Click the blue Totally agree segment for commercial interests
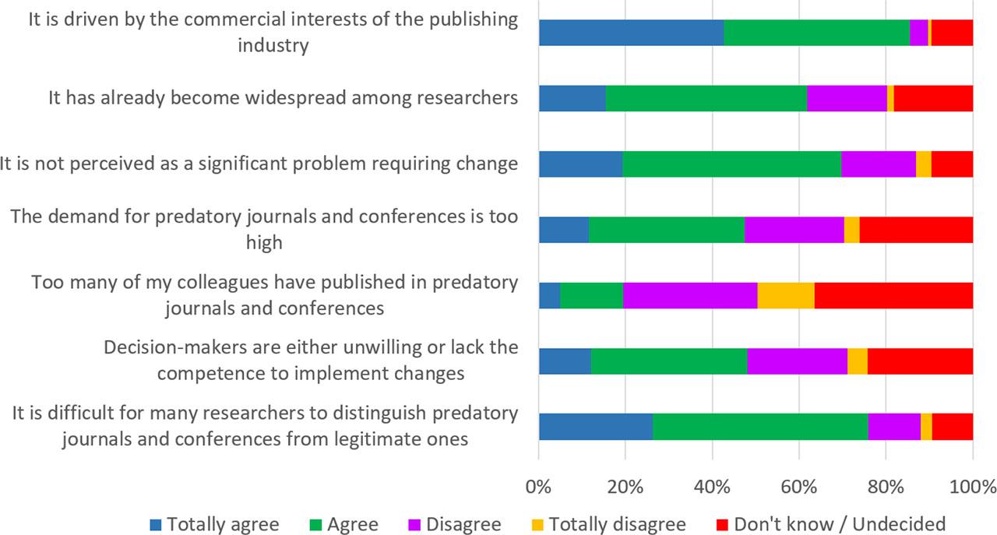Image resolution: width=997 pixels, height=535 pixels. point(631,33)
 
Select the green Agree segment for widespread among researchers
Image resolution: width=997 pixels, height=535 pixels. point(706,99)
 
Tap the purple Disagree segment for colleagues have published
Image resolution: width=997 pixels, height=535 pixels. point(689,296)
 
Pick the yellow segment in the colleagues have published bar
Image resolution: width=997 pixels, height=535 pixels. point(786,296)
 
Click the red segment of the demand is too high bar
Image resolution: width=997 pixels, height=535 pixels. point(916,231)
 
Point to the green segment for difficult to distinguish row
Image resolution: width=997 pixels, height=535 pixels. point(759,428)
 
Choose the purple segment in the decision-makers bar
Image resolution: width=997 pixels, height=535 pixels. point(797,362)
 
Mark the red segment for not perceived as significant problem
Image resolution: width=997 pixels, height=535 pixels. point(952,164)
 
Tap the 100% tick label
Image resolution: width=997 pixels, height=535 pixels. point(972,488)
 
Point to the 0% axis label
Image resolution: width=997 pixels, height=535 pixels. point(538,488)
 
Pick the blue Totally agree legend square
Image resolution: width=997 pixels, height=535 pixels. point(155,523)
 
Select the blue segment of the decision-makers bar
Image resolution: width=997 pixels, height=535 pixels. point(565,362)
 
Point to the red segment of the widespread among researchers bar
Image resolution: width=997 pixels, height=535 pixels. point(933,99)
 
